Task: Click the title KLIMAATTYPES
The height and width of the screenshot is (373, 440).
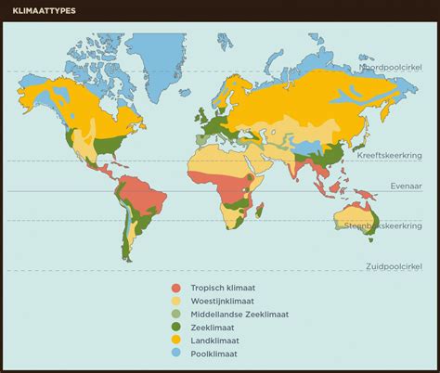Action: (45, 11)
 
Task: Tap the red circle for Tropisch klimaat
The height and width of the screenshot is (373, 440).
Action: (175, 288)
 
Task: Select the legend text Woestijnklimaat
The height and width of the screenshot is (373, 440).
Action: (224, 301)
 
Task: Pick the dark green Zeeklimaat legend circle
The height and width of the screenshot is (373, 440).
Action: (175, 328)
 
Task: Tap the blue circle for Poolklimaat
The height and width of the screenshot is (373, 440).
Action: (175, 354)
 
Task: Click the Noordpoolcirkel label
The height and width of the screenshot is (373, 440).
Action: (393, 69)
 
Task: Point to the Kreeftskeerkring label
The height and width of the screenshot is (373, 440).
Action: (395, 157)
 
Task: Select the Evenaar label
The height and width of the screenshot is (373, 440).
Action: (408, 186)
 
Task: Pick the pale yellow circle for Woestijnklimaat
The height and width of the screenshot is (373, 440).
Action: (175, 301)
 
